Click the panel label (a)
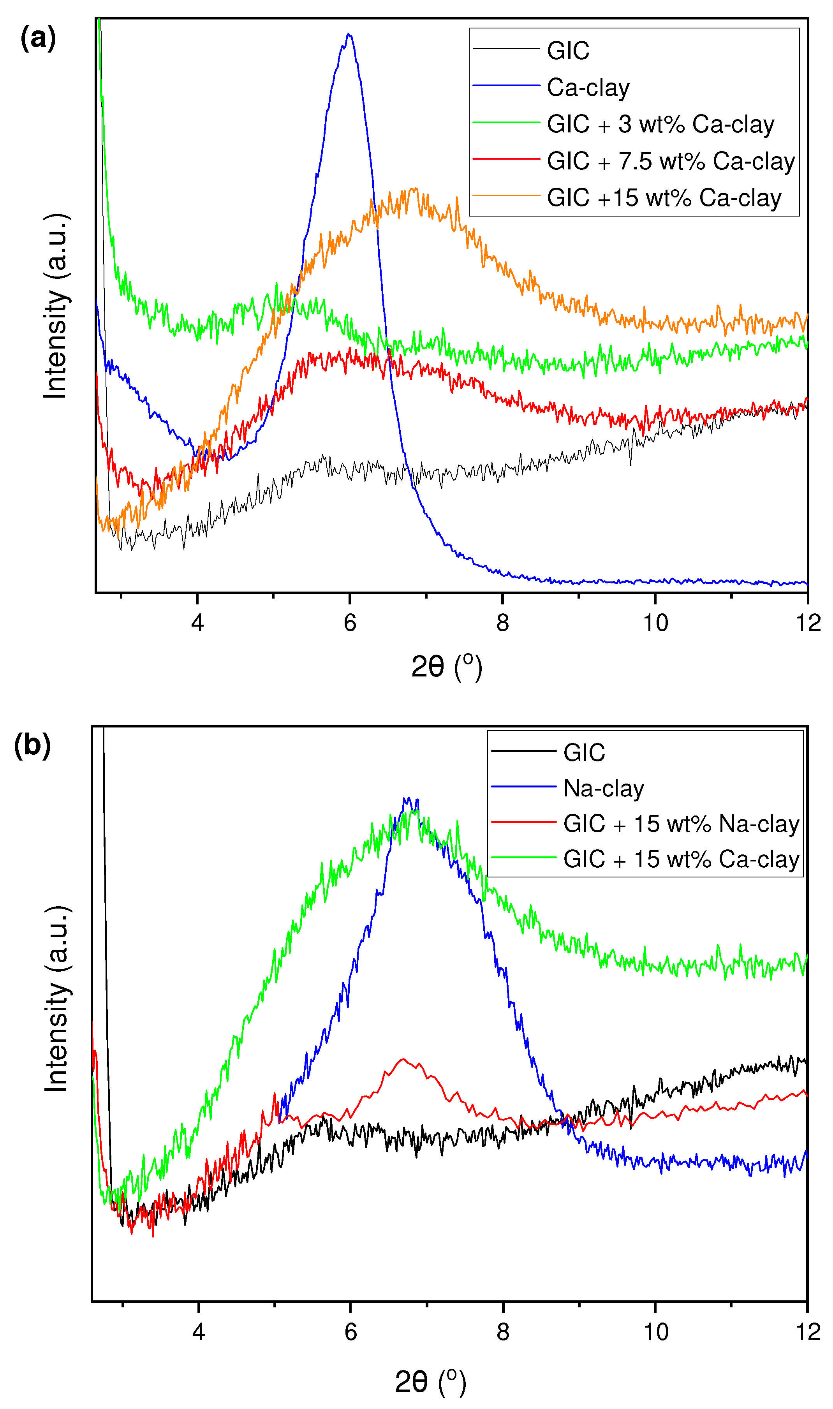[x=38, y=38]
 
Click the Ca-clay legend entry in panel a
[x=588, y=88]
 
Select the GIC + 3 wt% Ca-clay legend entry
[x=660, y=124]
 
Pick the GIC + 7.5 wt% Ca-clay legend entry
[x=670, y=161]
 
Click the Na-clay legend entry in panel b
[x=603, y=788]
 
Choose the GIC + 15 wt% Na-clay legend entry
[x=680, y=824]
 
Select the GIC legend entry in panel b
[x=584, y=753]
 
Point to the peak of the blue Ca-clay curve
[x=349, y=35]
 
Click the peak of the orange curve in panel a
[x=414, y=189]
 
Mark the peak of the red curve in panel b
[x=402, y=1059]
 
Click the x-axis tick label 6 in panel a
[x=350, y=623]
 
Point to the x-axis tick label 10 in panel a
[x=655, y=623]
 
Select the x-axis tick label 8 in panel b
[x=502, y=1332]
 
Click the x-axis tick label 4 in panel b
[x=198, y=1332]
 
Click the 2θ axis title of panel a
[x=446, y=666]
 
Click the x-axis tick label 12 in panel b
[x=808, y=1332]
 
